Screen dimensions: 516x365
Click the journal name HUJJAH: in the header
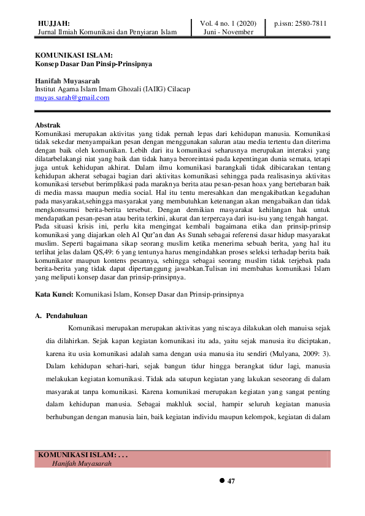click(x=54, y=23)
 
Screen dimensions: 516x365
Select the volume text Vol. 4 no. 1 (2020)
click(x=228, y=23)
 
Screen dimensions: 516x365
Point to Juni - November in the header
click(x=228, y=32)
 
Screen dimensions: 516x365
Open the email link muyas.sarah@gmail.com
click(x=72, y=97)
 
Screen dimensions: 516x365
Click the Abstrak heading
click(x=48, y=125)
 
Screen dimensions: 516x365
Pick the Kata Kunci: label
click(x=54, y=295)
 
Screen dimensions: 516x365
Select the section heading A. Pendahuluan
click(x=63, y=316)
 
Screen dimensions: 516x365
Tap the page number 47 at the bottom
click(x=231, y=481)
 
